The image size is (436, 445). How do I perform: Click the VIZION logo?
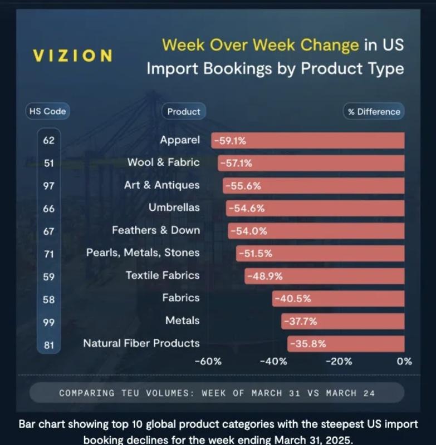73,55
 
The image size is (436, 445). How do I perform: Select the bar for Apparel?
308,141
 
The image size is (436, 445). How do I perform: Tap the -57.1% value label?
236,163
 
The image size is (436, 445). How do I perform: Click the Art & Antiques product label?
162,185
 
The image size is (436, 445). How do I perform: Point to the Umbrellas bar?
315,208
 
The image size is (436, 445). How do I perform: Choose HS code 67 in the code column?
48,231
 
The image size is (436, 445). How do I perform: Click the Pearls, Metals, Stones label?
143,253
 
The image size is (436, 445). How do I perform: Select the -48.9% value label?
265,276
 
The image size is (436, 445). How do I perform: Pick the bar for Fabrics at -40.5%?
339,299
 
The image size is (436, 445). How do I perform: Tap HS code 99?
48,323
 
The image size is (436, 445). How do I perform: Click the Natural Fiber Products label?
141,343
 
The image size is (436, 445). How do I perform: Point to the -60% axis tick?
208,361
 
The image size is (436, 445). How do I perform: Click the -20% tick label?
339,361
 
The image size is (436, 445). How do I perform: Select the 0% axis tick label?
404,361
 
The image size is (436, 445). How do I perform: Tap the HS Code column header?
47,111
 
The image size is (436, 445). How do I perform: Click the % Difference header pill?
374,112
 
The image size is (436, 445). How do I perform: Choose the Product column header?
184,111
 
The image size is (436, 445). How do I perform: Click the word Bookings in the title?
237,69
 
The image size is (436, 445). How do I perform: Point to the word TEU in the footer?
130,393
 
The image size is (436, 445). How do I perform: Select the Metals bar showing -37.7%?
343,322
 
